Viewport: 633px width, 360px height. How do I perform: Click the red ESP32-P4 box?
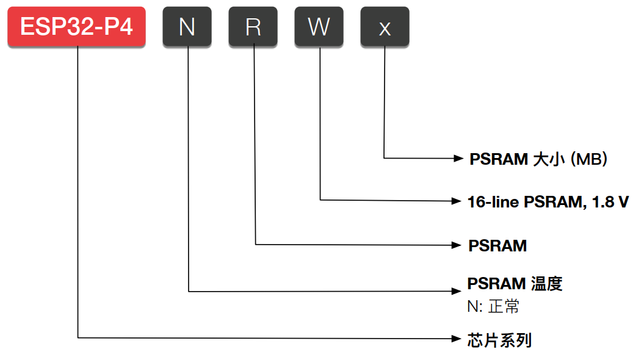tap(76, 27)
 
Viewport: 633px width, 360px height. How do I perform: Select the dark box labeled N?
tap(187, 27)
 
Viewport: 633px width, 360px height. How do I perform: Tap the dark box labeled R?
tap(253, 27)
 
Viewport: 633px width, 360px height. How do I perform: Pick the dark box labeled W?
tap(319, 27)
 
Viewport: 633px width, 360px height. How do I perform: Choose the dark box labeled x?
tap(385, 27)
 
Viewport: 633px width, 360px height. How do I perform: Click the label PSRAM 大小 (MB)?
tap(538, 159)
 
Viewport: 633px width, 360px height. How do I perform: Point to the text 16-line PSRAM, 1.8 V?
tap(548, 201)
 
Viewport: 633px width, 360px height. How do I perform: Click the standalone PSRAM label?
tap(497, 246)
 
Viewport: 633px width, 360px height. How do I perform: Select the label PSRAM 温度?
tap(515, 284)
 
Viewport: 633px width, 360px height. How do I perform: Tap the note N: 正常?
tap(493, 306)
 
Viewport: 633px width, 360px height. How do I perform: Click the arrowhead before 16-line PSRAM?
tap(455, 200)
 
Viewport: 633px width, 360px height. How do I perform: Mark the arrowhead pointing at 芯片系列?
tap(455, 337)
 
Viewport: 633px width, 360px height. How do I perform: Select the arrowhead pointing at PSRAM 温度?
tap(455, 291)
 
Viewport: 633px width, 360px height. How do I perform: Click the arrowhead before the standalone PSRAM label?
tap(455, 245)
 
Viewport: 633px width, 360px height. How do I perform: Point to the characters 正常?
tap(504, 306)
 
